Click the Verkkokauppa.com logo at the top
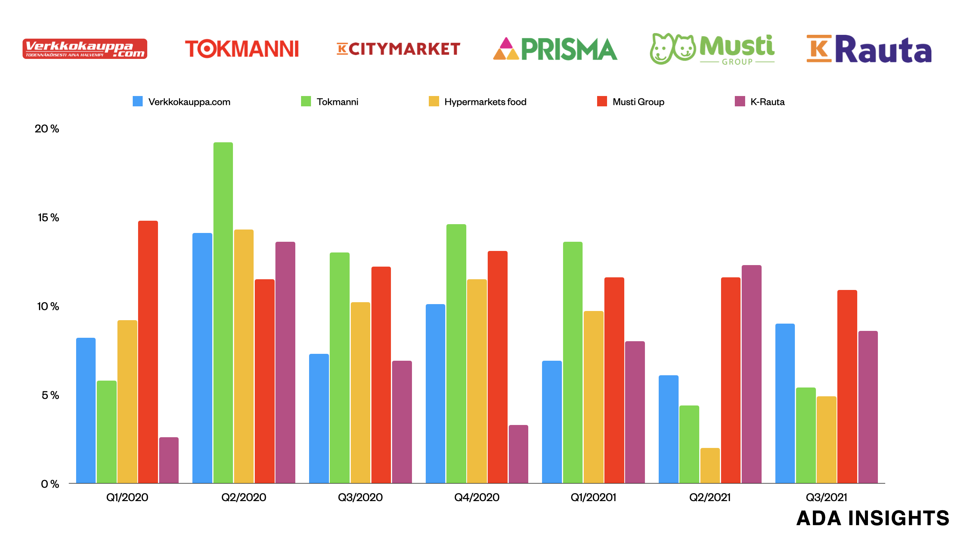[x=85, y=49]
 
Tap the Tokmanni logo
[x=242, y=49]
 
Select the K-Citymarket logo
[x=398, y=49]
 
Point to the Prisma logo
[x=555, y=49]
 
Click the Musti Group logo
[x=712, y=49]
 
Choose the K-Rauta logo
[x=869, y=49]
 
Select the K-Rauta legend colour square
[x=740, y=101]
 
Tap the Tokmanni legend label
[x=337, y=102]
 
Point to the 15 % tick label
[x=48, y=218]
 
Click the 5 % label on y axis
[x=50, y=395]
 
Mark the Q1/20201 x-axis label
[x=593, y=497]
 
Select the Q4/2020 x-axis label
[x=477, y=497]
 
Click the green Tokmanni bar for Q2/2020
[x=223, y=314]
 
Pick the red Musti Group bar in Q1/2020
[x=148, y=352]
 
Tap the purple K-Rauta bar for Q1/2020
[x=169, y=460]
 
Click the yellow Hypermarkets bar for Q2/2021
[x=710, y=466]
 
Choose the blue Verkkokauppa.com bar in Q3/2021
[x=785, y=404]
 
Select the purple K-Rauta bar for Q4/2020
[x=518, y=454]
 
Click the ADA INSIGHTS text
[x=873, y=518]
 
